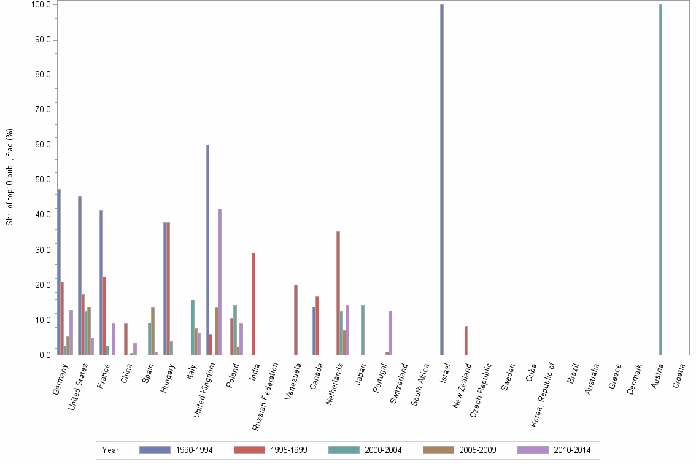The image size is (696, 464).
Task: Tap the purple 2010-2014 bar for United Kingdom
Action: tap(220, 282)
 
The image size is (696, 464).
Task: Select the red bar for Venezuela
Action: tap(296, 320)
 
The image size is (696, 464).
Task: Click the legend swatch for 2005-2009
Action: tap(439, 450)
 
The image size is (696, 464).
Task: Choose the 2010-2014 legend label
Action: tap(572, 450)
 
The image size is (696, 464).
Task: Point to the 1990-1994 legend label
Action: tap(194, 450)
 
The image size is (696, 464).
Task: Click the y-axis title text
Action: tap(10, 177)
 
